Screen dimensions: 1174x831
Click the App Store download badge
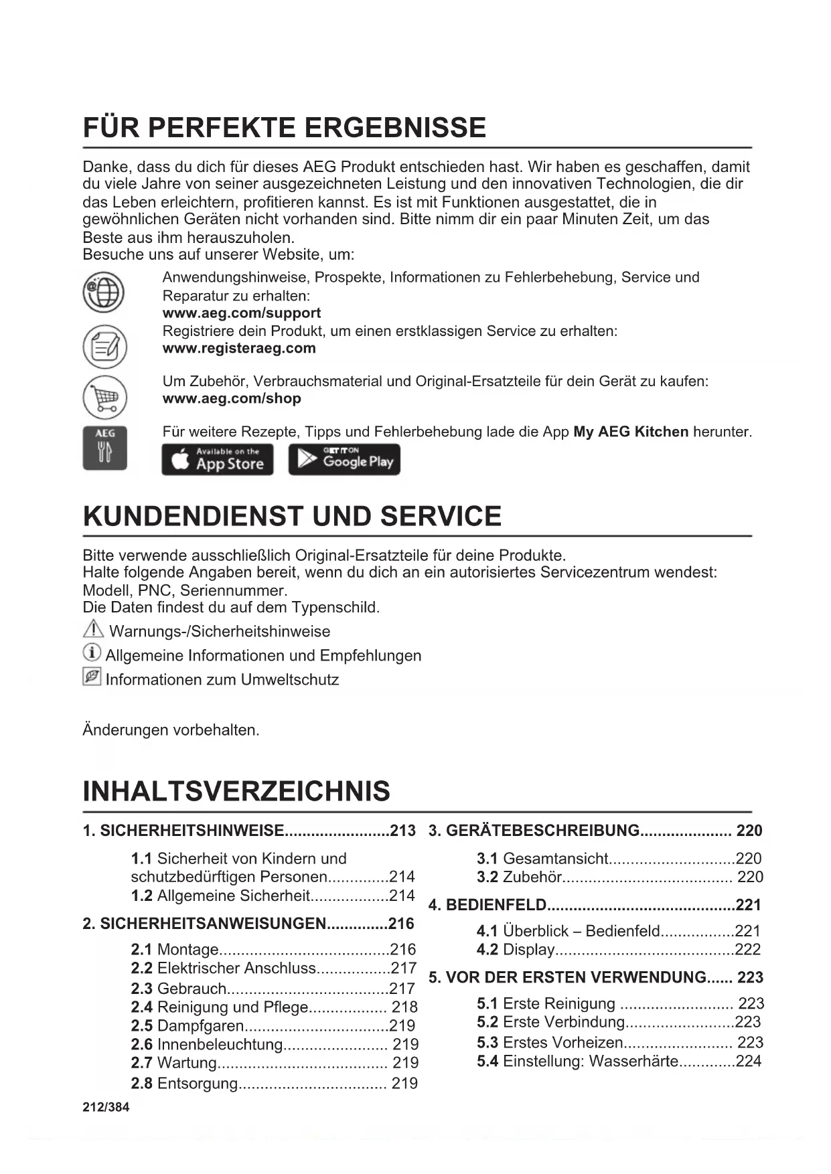(218, 460)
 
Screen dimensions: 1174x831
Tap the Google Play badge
(344, 460)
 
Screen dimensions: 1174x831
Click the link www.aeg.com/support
(241, 313)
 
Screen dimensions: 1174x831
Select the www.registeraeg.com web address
(239, 348)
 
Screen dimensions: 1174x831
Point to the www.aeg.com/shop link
(232, 398)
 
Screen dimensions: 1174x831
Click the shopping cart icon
(104, 398)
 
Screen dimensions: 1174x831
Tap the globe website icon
(104, 292)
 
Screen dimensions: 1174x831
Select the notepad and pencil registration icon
(104, 346)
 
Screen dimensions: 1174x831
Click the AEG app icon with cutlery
(104, 447)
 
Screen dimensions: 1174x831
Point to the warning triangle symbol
(92, 629)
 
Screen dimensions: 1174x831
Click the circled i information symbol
(92, 653)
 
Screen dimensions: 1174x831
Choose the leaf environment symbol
(92, 677)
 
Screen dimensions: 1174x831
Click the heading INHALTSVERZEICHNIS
(236, 791)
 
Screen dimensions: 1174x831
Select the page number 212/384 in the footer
(106, 1107)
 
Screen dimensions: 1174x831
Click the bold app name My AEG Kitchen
(630, 432)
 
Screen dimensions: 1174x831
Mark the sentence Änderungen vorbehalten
(171, 730)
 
